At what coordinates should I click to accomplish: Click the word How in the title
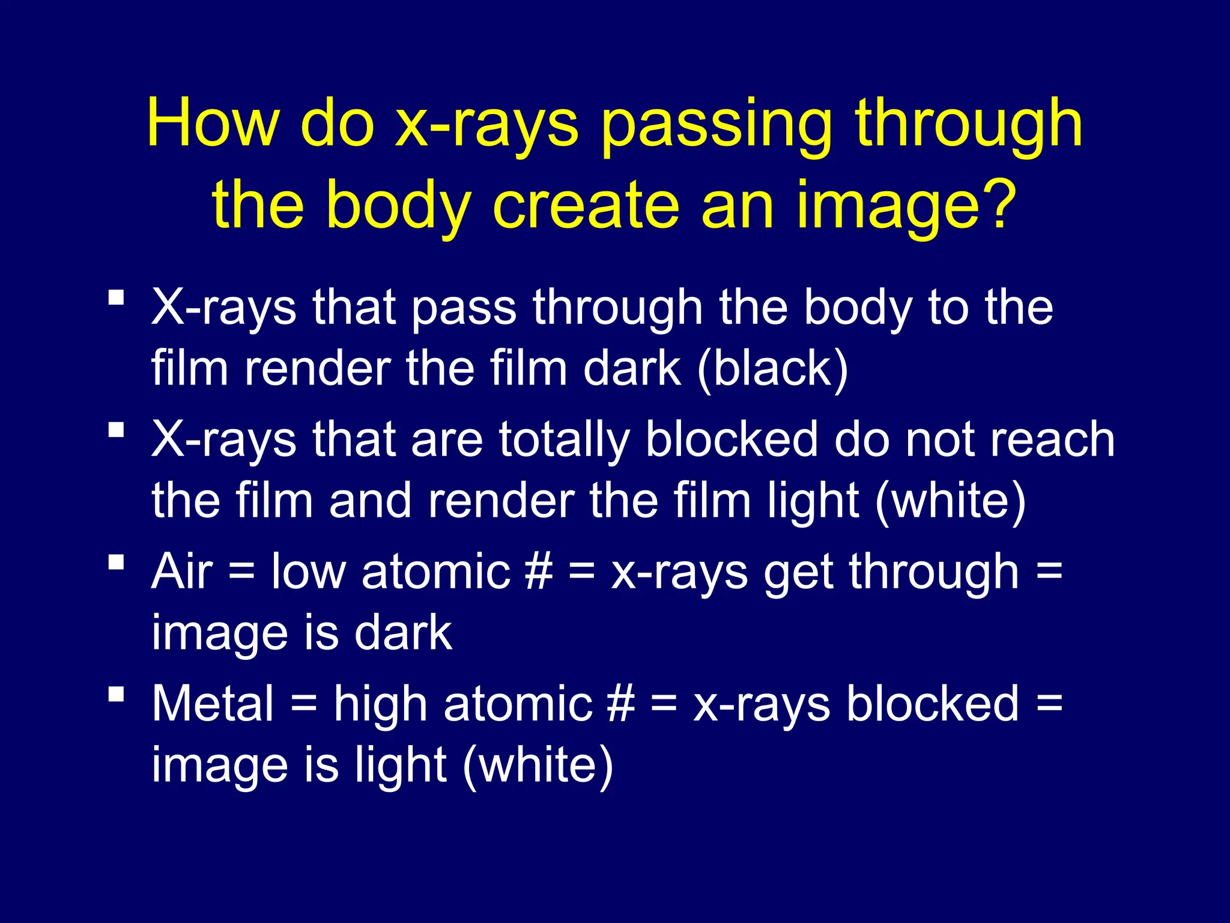(x=213, y=124)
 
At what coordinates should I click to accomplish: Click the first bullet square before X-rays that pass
(x=117, y=297)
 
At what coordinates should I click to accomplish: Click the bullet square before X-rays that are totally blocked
(x=117, y=430)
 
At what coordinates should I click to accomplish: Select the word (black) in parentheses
(x=773, y=369)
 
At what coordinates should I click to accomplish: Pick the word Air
(x=182, y=571)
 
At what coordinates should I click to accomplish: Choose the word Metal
(x=213, y=704)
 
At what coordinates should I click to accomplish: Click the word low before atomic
(x=308, y=571)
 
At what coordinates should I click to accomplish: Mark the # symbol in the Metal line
(x=620, y=704)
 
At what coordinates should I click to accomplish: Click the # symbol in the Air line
(x=538, y=571)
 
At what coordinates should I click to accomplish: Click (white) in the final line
(x=538, y=766)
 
